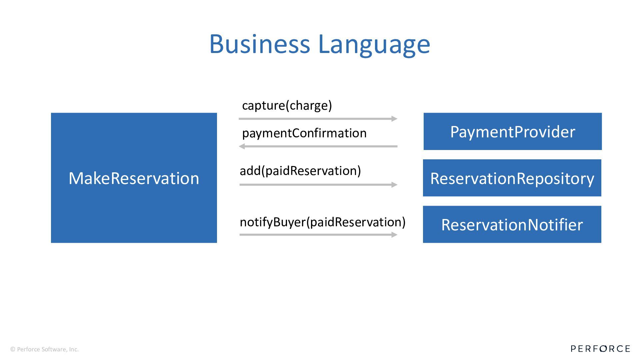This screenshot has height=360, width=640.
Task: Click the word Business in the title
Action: point(259,44)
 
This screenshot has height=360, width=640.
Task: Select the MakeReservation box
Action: point(134,178)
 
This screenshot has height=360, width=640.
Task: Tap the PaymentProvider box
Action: point(512,131)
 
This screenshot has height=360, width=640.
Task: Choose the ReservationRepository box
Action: point(512,178)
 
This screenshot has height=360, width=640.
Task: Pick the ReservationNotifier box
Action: point(512,224)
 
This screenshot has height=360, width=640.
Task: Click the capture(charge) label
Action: point(287,105)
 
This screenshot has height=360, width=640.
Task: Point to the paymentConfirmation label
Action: point(304,133)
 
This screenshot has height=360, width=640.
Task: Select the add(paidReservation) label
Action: point(300,171)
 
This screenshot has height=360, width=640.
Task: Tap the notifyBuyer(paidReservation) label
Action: point(322,222)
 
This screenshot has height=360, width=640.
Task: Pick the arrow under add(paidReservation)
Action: point(318,185)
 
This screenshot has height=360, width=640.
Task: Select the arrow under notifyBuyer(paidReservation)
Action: point(318,235)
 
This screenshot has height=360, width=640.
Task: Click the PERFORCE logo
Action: point(600,349)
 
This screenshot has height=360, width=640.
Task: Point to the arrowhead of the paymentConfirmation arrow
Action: point(242,146)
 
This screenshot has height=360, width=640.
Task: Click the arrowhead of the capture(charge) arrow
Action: point(394,119)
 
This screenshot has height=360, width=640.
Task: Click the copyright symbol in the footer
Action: point(13,349)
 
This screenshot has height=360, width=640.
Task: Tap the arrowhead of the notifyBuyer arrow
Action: point(394,235)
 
